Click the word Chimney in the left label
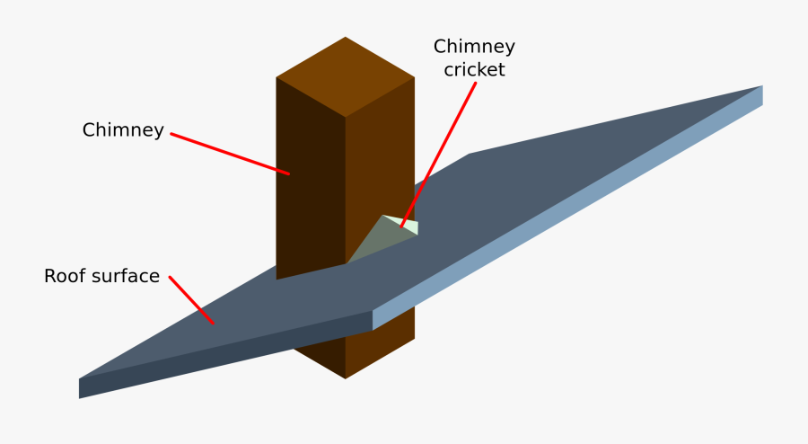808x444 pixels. coord(123,130)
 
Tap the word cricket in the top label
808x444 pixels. coord(474,69)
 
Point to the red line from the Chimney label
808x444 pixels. coord(229,154)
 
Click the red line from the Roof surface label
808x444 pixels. coord(191,300)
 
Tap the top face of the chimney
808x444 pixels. coord(346,76)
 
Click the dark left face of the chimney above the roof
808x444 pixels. coord(310,180)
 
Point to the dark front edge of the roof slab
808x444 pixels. coord(224,356)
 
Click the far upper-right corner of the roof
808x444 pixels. coord(761,87)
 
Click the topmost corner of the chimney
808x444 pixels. coord(346,38)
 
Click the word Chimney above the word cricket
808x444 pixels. coord(474,46)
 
